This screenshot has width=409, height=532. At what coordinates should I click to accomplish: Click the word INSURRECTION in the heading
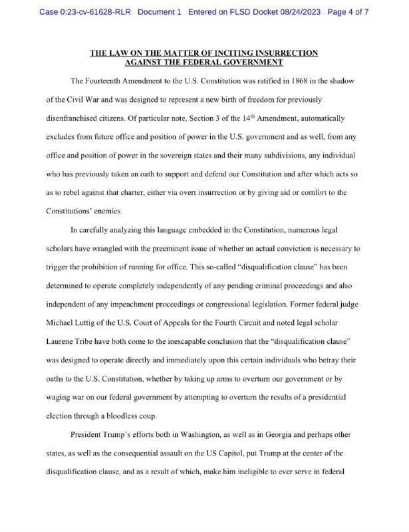pyautogui.click(x=280, y=53)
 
